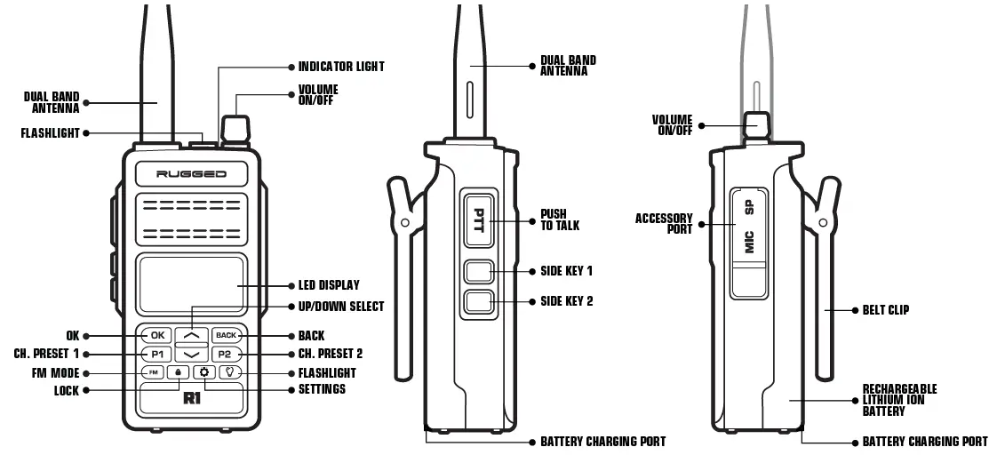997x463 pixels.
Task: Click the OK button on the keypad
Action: [x=157, y=336]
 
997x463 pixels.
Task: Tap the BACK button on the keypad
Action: [x=227, y=336]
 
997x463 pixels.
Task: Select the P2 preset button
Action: [x=227, y=354]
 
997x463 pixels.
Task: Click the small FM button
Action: [x=153, y=372]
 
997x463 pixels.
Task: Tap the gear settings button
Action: [x=204, y=372]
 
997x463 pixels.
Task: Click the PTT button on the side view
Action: [x=478, y=220]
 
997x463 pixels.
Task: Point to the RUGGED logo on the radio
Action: [x=192, y=174]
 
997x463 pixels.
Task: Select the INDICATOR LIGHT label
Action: [x=341, y=67]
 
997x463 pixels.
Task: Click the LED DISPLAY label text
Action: [x=329, y=285]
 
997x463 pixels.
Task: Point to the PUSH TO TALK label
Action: [x=560, y=220]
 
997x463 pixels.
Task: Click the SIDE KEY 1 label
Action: [x=566, y=270]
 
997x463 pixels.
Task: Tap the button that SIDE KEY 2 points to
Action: [x=478, y=301]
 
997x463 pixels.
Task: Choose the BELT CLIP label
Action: [x=885, y=310]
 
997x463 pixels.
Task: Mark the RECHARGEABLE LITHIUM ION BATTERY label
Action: [x=899, y=400]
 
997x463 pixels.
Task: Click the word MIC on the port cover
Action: [x=749, y=241]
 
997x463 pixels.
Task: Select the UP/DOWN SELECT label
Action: [x=341, y=307]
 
